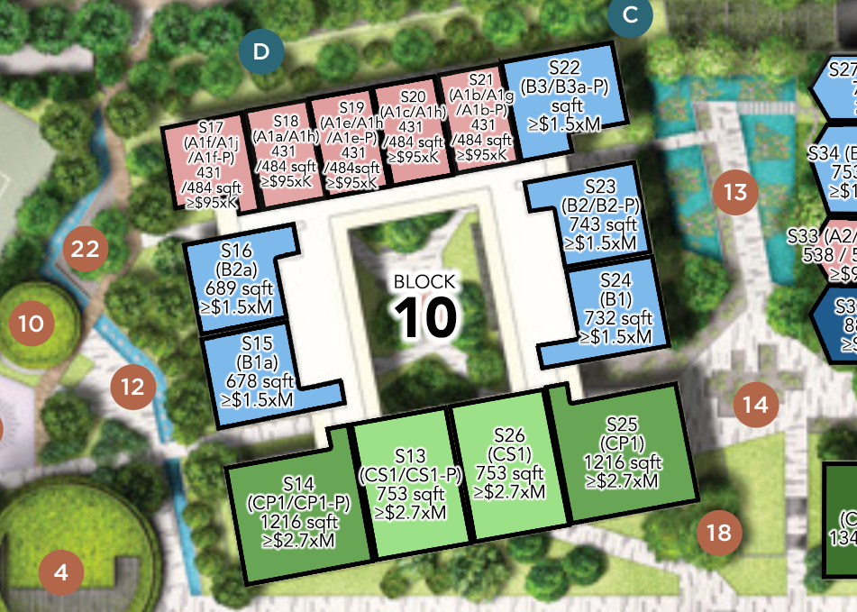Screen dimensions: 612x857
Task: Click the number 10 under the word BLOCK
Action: (x=426, y=316)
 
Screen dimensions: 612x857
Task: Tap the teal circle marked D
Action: (x=261, y=51)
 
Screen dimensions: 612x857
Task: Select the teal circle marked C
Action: (x=631, y=14)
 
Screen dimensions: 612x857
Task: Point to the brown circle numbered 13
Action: (x=735, y=192)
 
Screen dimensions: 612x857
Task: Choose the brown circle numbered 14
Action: (x=755, y=405)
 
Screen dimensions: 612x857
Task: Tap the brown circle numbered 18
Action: (x=719, y=533)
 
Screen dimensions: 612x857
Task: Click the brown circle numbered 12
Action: (x=132, y=388)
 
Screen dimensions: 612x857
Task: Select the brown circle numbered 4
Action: (x=61, y=571)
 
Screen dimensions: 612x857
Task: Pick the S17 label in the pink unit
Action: (x=209, y=127)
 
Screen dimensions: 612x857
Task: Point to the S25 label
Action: (x=622, y=424)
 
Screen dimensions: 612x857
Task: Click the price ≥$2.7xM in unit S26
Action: (x=510, y=492)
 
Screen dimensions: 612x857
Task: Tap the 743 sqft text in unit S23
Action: (x=600, y=225)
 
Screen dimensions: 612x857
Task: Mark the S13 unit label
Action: (x=409, y=456)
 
